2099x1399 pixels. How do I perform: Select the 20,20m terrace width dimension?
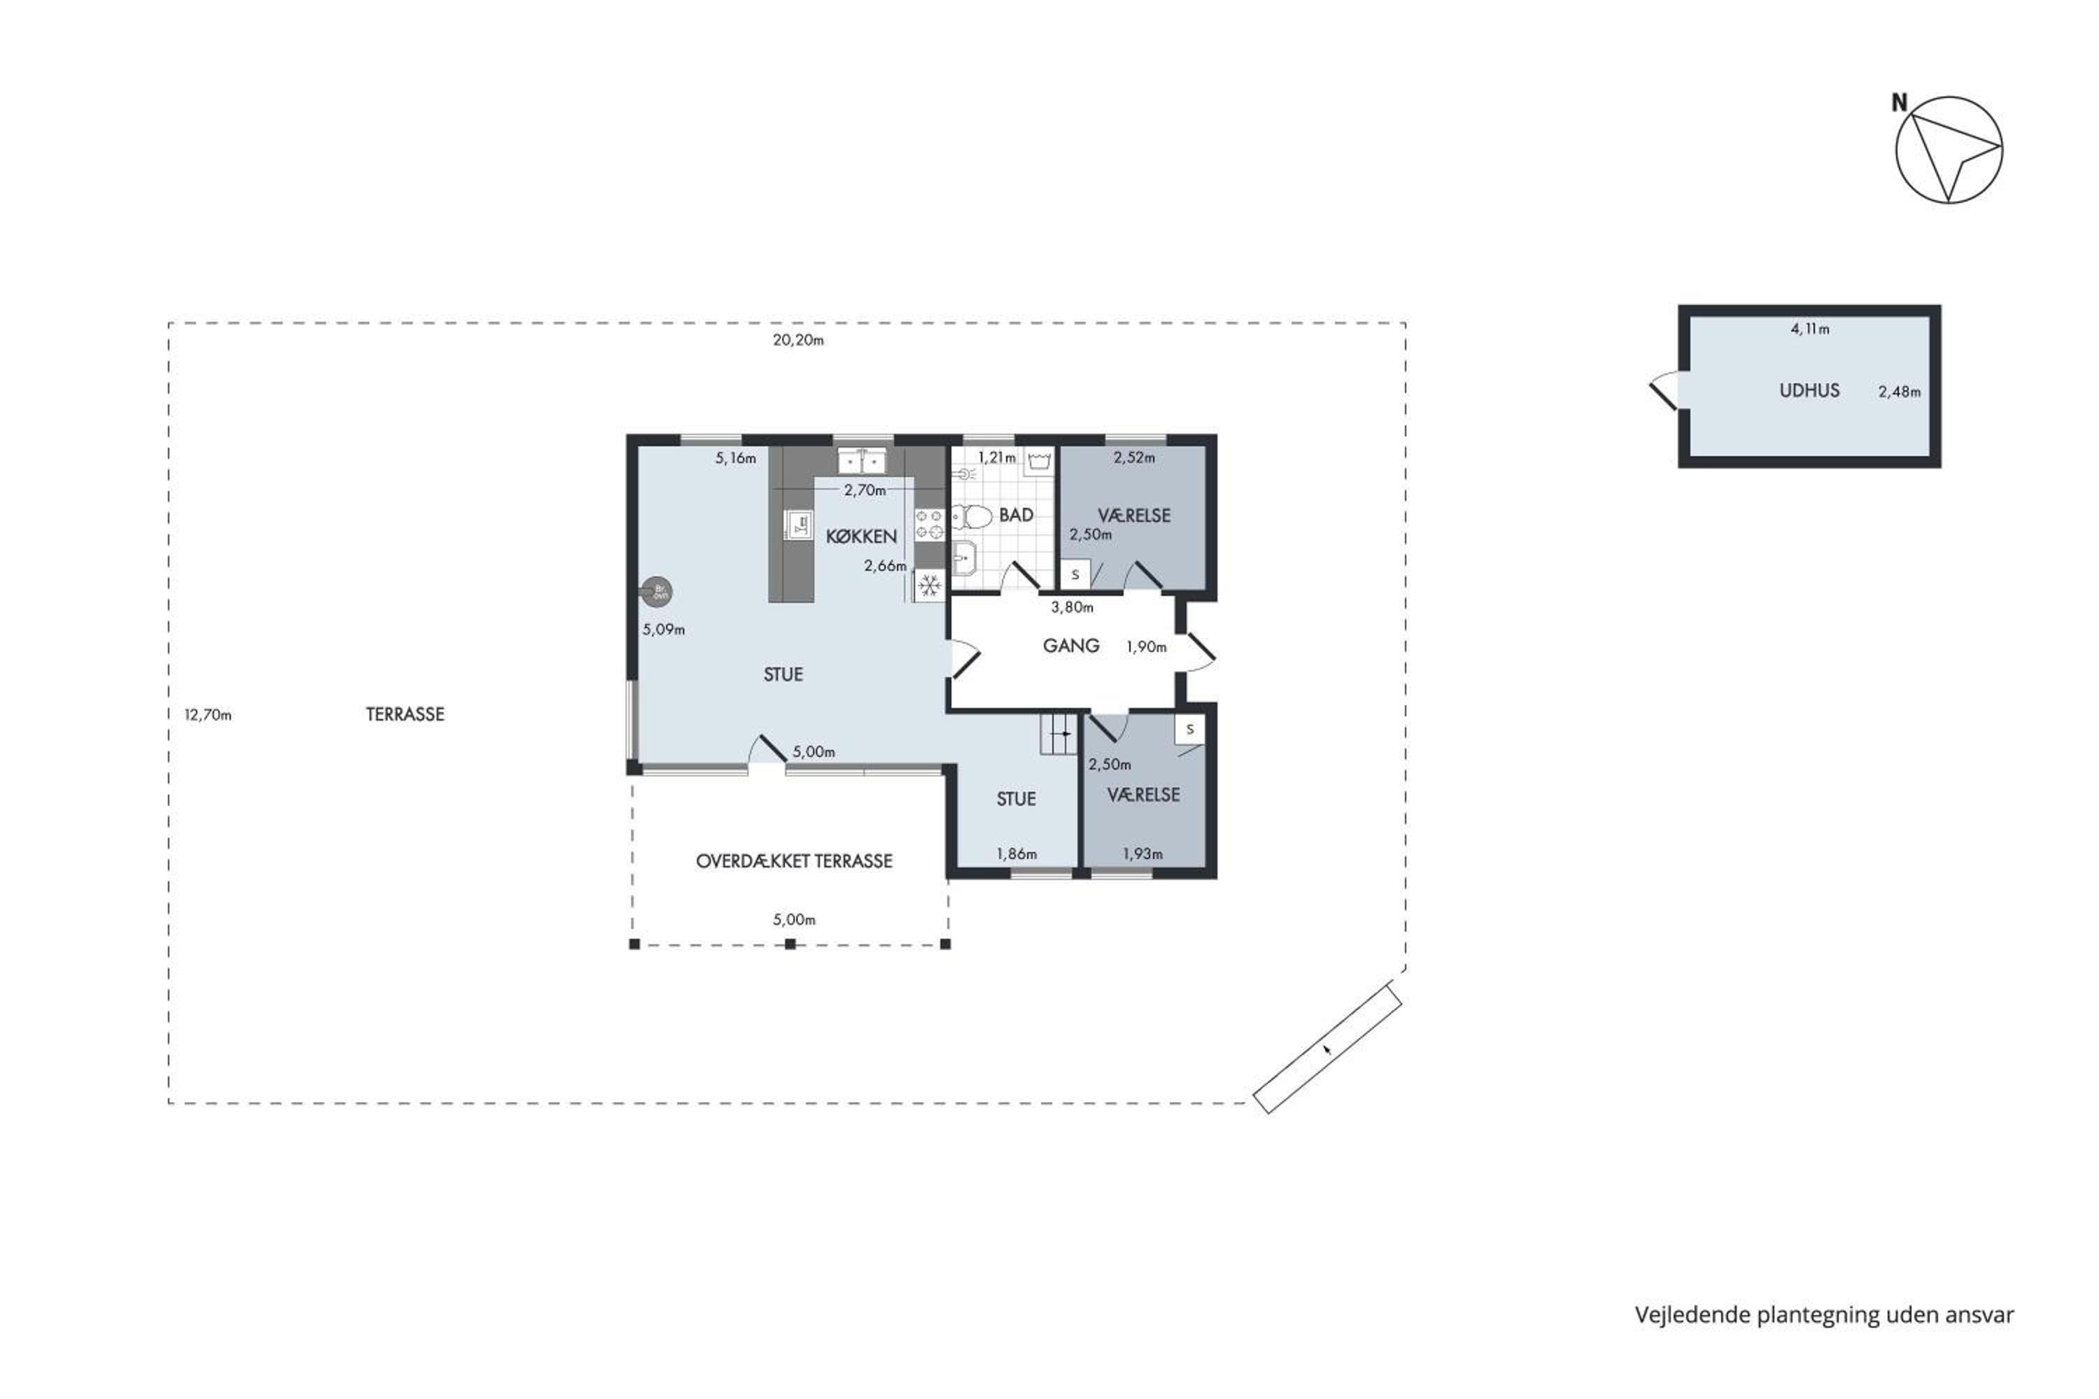[x=798, y=340]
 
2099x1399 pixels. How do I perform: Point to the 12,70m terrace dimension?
[x=208, y=715]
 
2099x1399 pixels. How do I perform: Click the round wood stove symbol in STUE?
[x=658, y=590]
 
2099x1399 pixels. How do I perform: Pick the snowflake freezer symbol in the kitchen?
[x=930, y=586]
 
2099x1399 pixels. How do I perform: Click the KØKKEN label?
[x=861, y=537]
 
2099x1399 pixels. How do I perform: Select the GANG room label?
[x=1071, y=645]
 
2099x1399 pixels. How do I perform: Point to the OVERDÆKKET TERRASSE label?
[x=794, y=861]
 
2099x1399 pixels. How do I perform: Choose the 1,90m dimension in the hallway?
[x=1147, y=647]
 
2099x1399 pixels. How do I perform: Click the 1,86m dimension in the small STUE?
[x=1017, y=854]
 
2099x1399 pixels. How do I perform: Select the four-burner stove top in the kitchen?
[x=930, y=524]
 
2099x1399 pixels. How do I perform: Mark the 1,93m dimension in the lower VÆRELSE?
[x=1143, y=854]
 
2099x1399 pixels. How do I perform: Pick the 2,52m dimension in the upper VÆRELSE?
[x=1134, y=457]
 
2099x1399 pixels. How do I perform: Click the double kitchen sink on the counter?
[x=861, y=461]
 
